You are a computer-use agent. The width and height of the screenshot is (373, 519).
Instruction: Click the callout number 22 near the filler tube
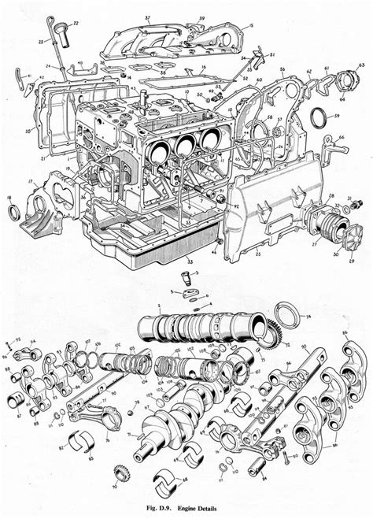coord(76,24)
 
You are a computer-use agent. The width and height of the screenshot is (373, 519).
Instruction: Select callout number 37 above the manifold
coord(147,17)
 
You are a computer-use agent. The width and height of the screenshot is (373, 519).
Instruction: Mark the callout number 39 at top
coord(201,17)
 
